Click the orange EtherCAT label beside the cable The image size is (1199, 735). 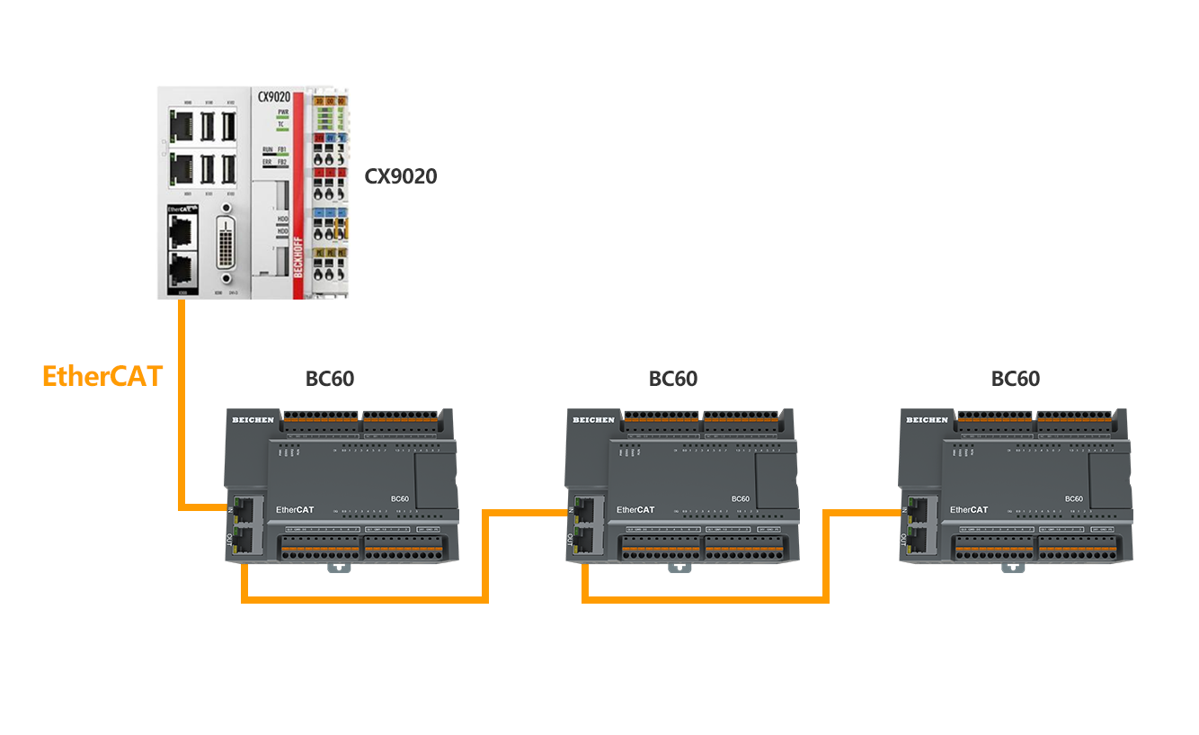pos(102,375)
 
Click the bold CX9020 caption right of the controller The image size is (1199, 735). pos(401,175)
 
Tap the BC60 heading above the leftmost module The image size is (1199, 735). pos(330,379)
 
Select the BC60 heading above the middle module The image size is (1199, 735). pos(673,379)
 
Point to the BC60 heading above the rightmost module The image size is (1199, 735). pos(1016,379)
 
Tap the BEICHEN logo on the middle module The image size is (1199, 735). pos(593,420)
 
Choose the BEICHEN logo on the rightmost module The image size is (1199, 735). pos(927,420)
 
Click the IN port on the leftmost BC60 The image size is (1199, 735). pos(243,506)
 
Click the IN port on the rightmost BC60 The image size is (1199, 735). pos(917,506)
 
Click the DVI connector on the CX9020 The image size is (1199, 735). pos(226,242)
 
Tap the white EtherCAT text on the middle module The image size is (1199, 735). pos(635,510)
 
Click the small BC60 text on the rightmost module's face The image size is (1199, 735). pos(1073,498)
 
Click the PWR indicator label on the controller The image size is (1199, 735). pos(282,112)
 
